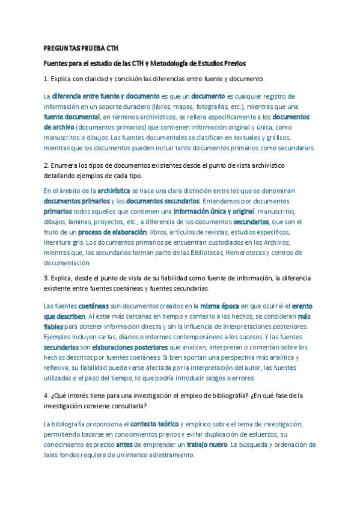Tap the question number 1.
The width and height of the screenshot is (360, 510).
(x=46, y=79)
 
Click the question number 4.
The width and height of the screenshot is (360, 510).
(x=46, y=396)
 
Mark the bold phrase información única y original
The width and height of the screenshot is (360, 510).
(x=213, y=212)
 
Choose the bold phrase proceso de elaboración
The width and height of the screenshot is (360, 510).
(x=112, y=232)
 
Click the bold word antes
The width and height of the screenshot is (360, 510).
(x=124, y=444)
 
